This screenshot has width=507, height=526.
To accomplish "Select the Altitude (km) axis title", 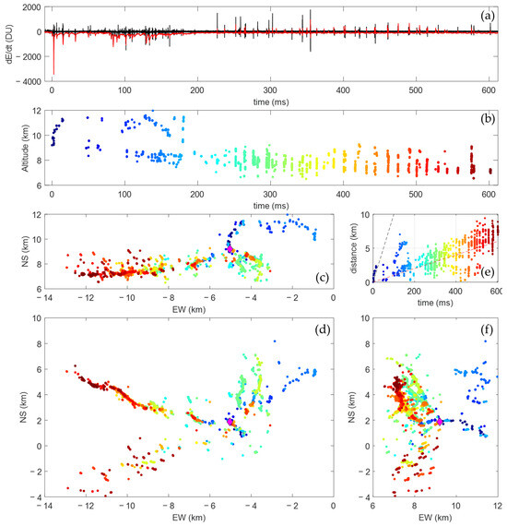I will [x=9, y=148].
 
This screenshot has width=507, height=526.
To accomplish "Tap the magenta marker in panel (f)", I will [x=440, y=422].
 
